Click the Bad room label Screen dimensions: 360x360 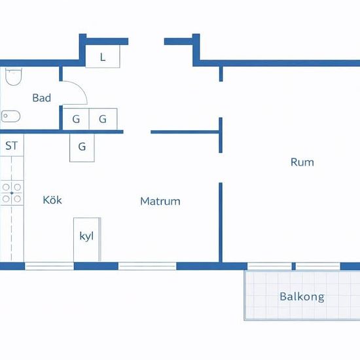coord(41,98)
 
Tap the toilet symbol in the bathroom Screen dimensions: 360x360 coord(13,77)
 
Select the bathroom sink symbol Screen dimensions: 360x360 coord(10,117)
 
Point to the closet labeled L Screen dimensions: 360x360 coord(103,56)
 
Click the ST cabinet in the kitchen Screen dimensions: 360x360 coord(12,145)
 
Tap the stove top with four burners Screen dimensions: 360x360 coord(12,193)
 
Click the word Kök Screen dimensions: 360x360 coord(52,200)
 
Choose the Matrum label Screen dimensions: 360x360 coord(160,202)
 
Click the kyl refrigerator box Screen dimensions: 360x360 coord(87,240)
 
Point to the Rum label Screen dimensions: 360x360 coord(302,162)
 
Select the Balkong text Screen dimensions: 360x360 coord(302,297)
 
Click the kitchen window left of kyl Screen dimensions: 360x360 coord(49,266)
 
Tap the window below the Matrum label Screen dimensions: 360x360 coord(147,266)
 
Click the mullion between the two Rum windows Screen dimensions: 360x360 coord(294,266)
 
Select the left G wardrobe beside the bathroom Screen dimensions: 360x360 coord(76,119)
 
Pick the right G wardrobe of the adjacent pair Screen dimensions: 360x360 coord(103,119)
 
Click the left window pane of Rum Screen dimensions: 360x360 coord(270,266)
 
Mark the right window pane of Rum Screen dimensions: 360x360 coord(318,266)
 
